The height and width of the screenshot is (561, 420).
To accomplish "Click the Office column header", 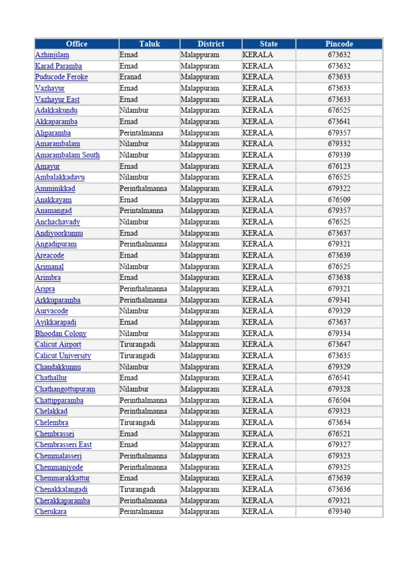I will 77,44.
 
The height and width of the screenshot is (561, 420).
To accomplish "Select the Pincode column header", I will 339,44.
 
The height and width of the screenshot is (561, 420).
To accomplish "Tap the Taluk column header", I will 149,44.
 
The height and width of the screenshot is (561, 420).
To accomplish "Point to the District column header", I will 211,44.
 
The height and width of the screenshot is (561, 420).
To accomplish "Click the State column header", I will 269,44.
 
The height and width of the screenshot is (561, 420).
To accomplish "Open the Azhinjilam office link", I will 52,55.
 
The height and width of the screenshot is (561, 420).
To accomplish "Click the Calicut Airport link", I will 58,345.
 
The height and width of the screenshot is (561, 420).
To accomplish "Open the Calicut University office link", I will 63,356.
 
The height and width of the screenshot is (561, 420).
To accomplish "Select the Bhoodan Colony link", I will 61,334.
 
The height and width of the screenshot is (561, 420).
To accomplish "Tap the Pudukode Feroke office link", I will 61,77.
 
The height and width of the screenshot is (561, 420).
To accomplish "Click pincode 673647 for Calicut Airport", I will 339,345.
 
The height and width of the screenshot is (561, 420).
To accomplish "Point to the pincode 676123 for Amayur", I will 339,167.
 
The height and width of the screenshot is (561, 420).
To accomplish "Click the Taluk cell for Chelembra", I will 137,423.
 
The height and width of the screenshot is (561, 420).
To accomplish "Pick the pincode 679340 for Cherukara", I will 339,512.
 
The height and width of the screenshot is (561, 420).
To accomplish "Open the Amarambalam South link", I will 67,155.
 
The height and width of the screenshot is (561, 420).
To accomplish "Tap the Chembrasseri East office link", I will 63,445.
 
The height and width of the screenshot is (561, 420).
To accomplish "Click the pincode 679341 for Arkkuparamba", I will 339,300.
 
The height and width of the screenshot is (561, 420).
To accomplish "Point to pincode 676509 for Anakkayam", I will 339,200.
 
